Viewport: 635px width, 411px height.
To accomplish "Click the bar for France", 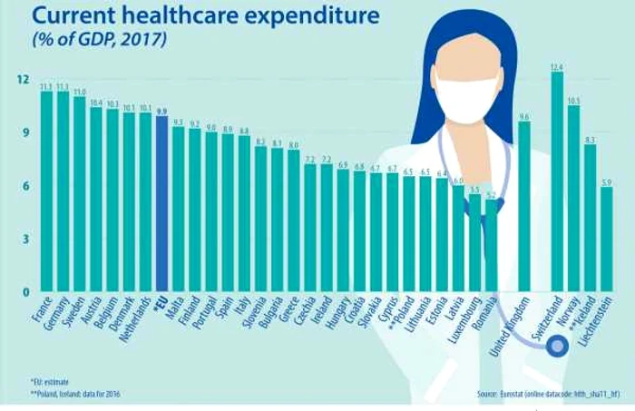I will pyautogui.click(x=46, y=191).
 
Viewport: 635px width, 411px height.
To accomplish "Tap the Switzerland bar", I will pyautogui.click(x=557, y=181).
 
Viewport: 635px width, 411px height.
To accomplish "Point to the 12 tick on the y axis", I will pyautogui.click(x=23, y=80).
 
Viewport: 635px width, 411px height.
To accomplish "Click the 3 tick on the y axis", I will pyautogui.click(x=25, y=240).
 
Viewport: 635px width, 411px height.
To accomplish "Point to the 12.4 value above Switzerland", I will pyautogui.click(x=557, y=67).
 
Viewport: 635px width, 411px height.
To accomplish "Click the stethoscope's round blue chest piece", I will pyautogui.click(x=557, y=345).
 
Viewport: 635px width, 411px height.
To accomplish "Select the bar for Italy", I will pyautogui.click(x=244, y=214).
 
